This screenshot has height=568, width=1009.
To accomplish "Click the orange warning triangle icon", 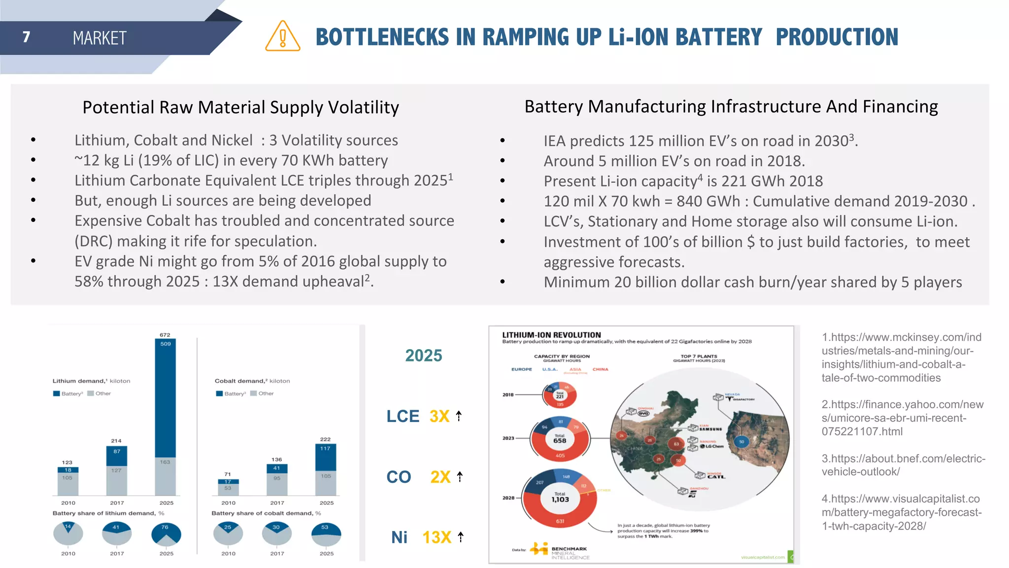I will point(282,37).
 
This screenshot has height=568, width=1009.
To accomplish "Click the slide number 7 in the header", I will point(27,37).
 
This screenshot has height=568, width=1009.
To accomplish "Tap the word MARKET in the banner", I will point(100,38).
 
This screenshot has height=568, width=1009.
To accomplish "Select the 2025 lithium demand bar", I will point(165,417).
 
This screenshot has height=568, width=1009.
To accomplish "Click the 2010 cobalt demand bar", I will point(228,487).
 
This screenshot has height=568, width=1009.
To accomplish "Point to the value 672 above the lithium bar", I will point(165,335).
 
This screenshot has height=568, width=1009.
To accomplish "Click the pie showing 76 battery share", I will point(166,534).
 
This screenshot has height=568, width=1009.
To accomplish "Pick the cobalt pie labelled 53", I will point(326,534).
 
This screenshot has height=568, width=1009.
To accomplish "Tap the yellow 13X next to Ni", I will point(437,537).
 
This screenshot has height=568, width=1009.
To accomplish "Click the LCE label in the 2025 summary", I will point(403,416).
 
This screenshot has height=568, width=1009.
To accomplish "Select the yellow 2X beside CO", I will point(440,477).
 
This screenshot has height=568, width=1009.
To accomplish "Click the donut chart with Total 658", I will point(560,438).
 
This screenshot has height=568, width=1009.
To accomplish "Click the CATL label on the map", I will point(716,477).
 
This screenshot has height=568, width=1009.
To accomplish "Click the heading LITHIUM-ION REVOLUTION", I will point(551,335).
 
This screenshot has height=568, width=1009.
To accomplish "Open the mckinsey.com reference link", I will point(901,357).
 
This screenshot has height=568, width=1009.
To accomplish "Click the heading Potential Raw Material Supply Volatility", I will point(240,107).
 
